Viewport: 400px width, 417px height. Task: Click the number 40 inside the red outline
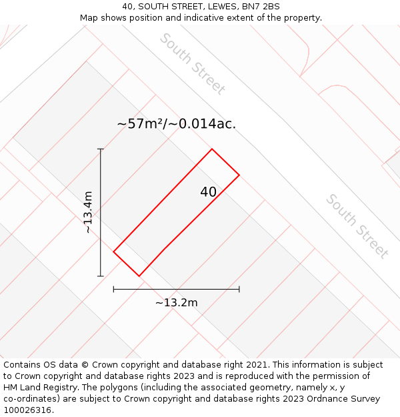point(208,192)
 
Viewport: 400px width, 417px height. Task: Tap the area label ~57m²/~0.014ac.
point(177,124)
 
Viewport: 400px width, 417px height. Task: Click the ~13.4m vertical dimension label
point(88,212)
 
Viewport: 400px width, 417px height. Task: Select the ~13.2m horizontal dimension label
point(177,302)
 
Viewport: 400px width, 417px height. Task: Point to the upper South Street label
point(193,63)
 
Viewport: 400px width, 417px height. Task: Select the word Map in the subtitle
point(90,17)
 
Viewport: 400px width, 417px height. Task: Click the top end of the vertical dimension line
point(101,149)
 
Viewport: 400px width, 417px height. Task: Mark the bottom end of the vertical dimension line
point(101,276)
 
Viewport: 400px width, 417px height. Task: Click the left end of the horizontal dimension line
point(114,289)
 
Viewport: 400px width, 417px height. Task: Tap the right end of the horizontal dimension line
point(239,289)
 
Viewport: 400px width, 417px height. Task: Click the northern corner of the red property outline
point(212,149)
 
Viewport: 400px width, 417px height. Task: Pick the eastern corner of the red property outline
point(239,175)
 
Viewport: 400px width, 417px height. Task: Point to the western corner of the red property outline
point(114,252)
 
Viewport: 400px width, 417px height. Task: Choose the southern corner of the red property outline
point(139,276)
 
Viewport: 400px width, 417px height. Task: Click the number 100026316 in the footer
point(26,410)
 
